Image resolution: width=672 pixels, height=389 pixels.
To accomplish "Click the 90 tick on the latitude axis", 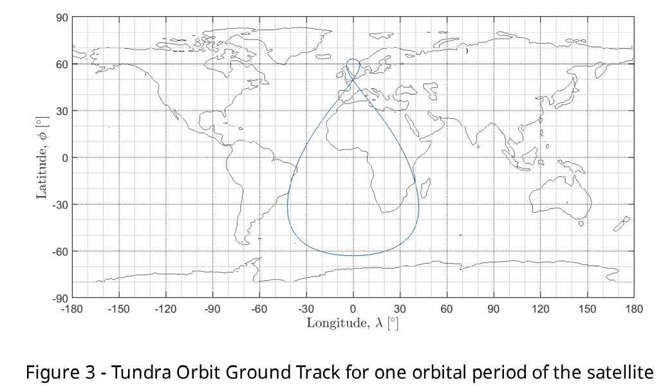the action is point(62,18).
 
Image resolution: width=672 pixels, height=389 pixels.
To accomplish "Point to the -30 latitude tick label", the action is point(60,205).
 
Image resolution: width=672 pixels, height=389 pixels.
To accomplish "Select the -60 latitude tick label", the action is point(60,252).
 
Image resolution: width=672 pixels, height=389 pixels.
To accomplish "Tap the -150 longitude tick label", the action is point(118,309).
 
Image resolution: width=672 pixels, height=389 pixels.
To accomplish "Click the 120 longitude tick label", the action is point(541,309).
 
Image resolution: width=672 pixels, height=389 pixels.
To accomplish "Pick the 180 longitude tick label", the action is point(634,309).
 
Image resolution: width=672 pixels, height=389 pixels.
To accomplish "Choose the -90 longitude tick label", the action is point(212,309).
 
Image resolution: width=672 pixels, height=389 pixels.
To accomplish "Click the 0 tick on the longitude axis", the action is point(353,309).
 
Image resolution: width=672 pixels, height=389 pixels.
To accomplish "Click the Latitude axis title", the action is point(42,158).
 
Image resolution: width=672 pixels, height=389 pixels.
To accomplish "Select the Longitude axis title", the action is point(352,323).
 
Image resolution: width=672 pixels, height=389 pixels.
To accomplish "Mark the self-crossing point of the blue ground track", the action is point(353,78).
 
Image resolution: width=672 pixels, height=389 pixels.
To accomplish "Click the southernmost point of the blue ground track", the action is point(353,256).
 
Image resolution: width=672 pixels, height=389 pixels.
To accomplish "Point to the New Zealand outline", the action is point(622,224).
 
